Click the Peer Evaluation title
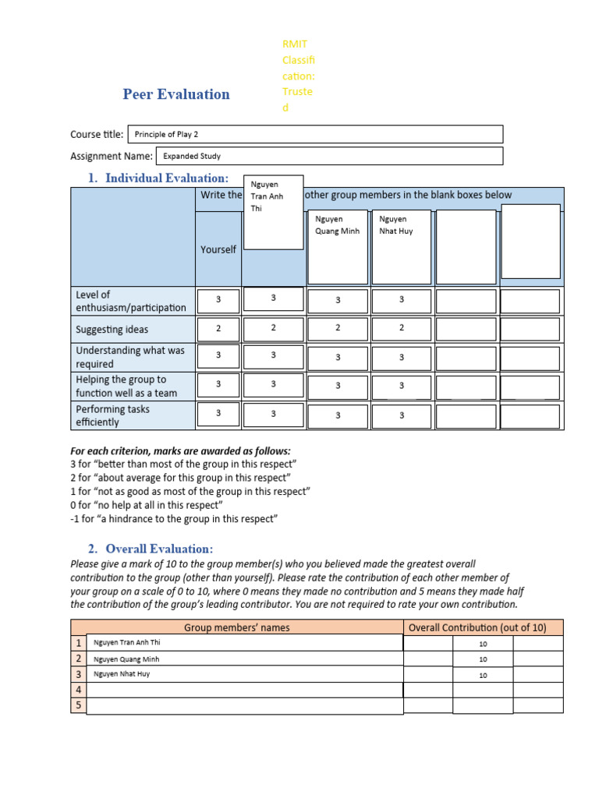[x=176, y=94]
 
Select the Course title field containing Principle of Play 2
[x=314, y=134]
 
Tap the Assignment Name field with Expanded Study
[x=329, y=156]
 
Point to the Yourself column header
[x=218, y=249]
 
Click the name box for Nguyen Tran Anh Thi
[x=273, y=212]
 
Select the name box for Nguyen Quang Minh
[x=338, y=246]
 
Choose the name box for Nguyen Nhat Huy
[x=402, y=246]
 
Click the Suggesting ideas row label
[x=112, y=330]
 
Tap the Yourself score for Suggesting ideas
[x=218, y=329]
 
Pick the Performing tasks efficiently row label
[x=113, y=415]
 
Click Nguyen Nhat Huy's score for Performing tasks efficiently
[x=402, y=416]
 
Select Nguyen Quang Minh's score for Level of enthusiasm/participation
[x=338, y=301]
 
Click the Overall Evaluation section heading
[x=159, y=549]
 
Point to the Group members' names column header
[x=236, y=627]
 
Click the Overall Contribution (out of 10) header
[x=483, y=627]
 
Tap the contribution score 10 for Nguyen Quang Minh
[x=483, y=659]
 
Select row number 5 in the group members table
[x=78, y=705]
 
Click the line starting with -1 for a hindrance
[x=174, y=519]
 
